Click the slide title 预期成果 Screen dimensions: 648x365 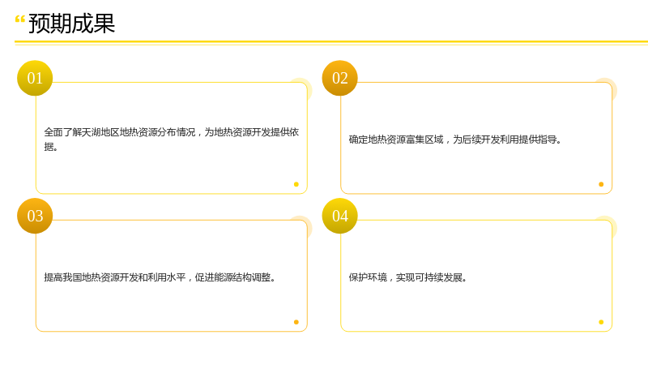coord(71,24)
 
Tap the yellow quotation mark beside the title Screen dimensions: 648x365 coord(19,19)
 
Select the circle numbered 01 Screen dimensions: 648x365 coord(35,78)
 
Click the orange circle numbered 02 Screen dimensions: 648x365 coord(339,78)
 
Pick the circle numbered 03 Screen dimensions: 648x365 coord(35,216)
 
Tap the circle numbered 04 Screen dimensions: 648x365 coord(339,216)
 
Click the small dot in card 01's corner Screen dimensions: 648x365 coord(296,184)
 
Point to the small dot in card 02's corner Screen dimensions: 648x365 coord(601,184)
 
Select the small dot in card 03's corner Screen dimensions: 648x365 coord(296,322)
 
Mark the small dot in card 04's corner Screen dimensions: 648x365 coord(601,322)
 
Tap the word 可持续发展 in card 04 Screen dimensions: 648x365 coord(438,277)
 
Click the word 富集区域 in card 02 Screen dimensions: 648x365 coord(424,140)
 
